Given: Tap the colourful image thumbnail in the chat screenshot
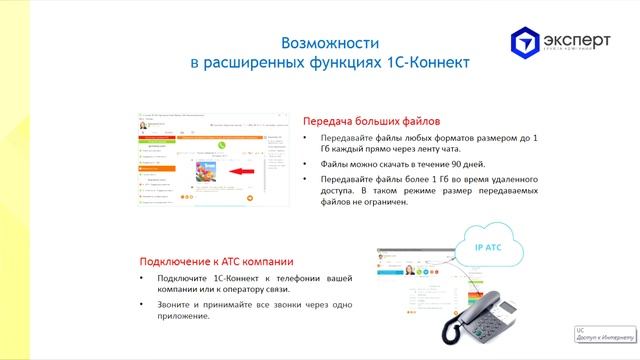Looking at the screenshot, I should [x=204, y=171].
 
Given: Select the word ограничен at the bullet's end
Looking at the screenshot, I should [x=380, y=202].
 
